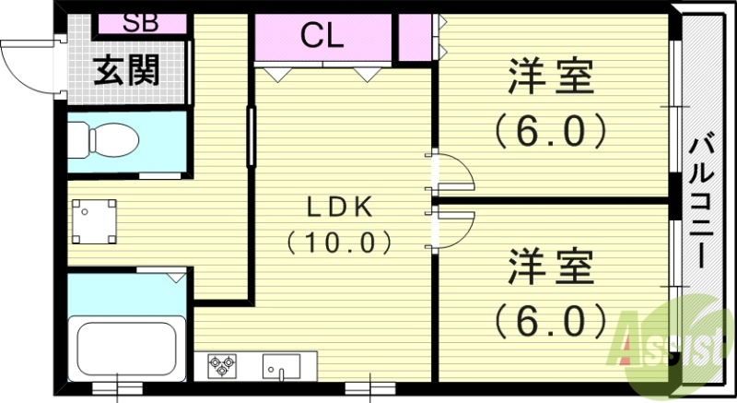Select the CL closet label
click(x=322, y=37)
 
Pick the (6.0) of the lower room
click(x=550, y=321)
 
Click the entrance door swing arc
click(x=28, y=69)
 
